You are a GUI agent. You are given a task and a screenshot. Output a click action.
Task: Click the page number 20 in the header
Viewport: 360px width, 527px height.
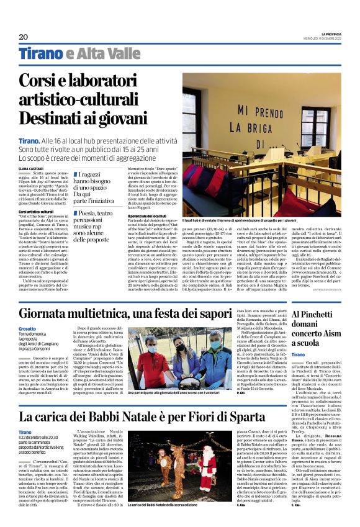tap(24, 37)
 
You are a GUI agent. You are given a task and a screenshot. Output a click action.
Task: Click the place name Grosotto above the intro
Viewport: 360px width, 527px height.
tap(28, 328)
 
